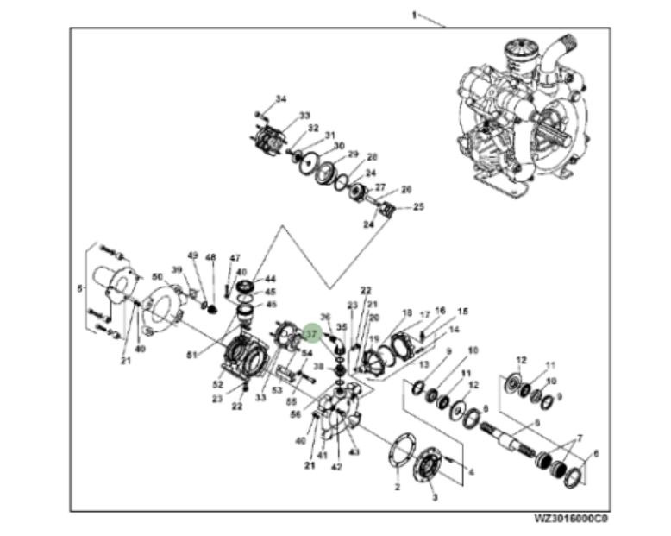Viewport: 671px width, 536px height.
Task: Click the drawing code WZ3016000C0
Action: tap(571, 520)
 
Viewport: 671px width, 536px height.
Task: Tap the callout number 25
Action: tap(419, 206)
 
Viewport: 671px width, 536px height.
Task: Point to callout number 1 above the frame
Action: tap(414, 16)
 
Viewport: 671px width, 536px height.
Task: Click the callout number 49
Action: tap(192, 255)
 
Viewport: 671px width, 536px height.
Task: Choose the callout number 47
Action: tap(235, 258)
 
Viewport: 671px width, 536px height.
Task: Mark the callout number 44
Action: tap(270, 279)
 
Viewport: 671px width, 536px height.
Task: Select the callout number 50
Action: tap(157, 276)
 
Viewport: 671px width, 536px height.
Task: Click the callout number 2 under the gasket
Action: tap(398, 489)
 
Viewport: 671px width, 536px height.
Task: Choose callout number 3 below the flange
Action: tap(434, 498)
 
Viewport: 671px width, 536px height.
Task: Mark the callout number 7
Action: tap(580, 438)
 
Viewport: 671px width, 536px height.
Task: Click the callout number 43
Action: tap(354, 453)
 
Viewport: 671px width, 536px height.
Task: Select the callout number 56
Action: tap(296, 414)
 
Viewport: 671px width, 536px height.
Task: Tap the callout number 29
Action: tap(353, 154)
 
